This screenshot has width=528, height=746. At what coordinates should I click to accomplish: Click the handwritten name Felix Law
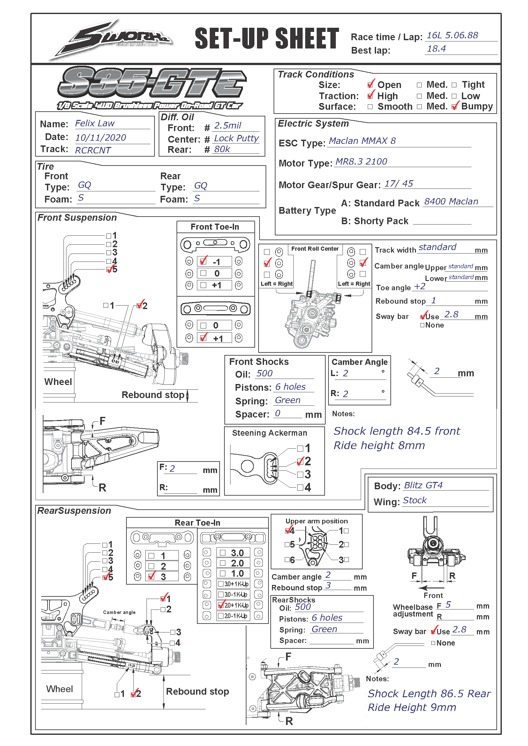click(94, 123)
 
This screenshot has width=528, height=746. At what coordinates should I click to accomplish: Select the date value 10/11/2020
click(101, 138)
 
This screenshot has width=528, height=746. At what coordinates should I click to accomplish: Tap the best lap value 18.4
click(436, 49)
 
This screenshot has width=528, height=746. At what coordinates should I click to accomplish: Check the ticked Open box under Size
click(370, 85)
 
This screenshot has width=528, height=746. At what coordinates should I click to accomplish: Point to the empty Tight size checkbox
click(454, 85)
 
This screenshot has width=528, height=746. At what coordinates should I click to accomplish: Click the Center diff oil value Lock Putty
click(236, 138)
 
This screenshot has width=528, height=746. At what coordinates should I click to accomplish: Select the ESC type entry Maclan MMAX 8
click(362, 141)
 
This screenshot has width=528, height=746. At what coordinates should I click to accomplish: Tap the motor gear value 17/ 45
click(399, 184)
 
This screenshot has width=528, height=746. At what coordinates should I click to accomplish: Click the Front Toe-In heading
click(215, 227)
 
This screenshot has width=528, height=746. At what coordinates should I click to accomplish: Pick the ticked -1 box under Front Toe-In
click(204, 261)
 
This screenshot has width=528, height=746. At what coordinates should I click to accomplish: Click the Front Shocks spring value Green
click(288, 400)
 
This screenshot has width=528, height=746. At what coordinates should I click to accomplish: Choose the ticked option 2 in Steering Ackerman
click(300, 462)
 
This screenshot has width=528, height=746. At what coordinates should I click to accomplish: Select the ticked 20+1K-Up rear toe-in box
click(222, 605)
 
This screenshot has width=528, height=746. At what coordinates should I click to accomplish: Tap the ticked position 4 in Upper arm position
click(288, 531)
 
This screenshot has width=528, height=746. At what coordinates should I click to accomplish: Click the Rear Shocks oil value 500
click(303, 607)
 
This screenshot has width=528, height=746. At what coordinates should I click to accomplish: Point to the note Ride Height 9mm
click(412, 707)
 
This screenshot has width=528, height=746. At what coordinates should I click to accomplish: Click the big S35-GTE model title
click(152, 83)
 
